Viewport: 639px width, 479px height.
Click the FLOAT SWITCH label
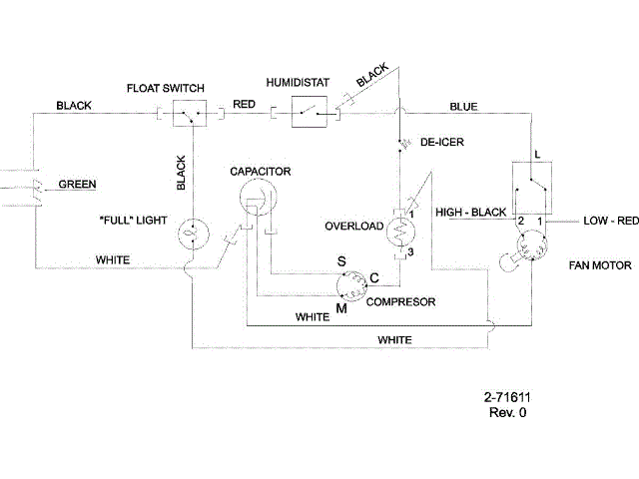point(167,88)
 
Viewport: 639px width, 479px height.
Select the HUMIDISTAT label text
point(297,80)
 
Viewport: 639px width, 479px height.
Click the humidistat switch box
point(308,114)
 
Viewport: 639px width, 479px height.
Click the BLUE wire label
point(463,105)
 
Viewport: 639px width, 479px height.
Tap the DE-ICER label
point(441,142)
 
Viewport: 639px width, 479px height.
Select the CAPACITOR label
point(260,172)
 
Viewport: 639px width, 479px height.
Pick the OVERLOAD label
point(354,227)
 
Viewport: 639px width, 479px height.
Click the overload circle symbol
point(405,232)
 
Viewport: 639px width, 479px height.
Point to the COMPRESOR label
point(400,301)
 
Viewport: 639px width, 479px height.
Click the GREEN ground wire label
point(78,185)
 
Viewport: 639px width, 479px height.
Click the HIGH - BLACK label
point(471,213)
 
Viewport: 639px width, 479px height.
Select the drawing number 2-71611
point(507,397)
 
